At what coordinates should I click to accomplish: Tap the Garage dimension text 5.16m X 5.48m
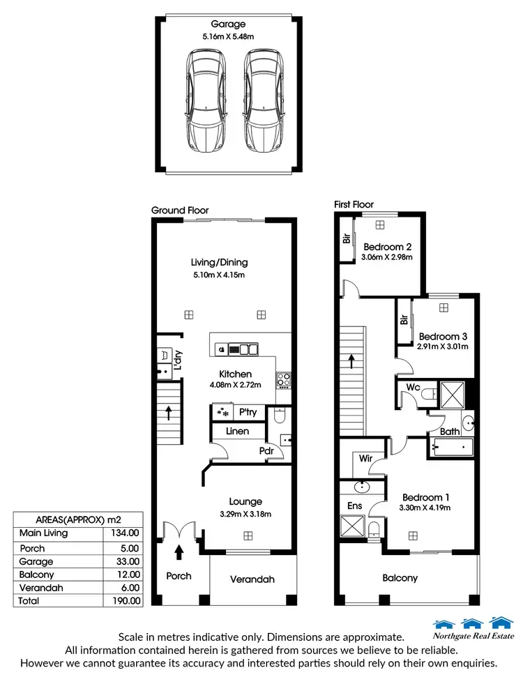(229, 36)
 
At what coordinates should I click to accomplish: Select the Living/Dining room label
(220, 263)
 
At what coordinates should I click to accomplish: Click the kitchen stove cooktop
(285, 380)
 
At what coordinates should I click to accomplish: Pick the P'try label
(248, 412)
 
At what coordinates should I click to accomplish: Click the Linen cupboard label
(236, 432)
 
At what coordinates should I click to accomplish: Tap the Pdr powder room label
(266, 450)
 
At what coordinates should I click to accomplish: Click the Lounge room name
(245, 501)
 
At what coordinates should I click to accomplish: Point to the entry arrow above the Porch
(179, 552)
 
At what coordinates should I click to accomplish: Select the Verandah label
(252, 579)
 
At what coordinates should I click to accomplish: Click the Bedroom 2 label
(387, 247)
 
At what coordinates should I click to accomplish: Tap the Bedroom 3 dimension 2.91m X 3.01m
(442, 347)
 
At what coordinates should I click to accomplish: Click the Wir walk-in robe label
(365, 459)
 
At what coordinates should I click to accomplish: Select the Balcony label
(400, 578)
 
